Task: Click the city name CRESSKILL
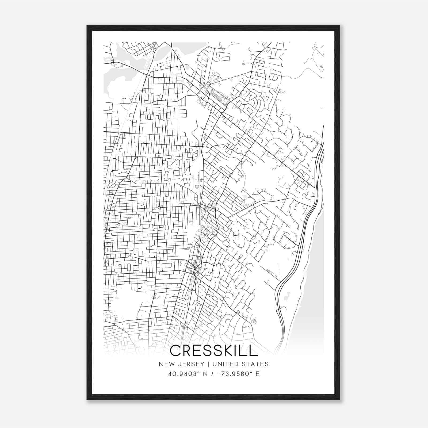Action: click(x=214, y=351)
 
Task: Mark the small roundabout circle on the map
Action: click(x=159, y=208)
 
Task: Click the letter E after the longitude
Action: click(x=258, y=374)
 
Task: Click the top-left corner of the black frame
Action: click(x=87, y=26)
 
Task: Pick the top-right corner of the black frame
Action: click(x=340, y=26)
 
